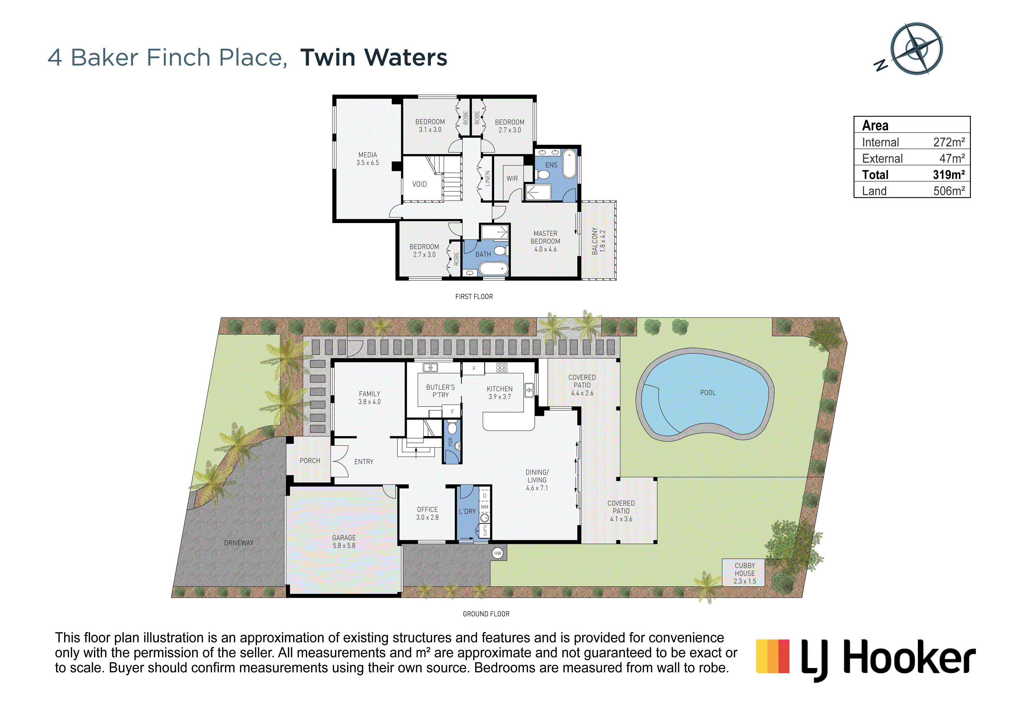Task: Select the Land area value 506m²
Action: click(x=949, y=191)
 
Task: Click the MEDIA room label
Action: click(x=368, y=155)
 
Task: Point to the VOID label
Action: click(x=419, y=184)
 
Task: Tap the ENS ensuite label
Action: click(x=551, y=165)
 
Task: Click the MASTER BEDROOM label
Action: click(x=545, y=237)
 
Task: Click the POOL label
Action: click(x=708, y=393)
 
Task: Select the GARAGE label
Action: click(x=344, y=538)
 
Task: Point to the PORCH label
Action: click(x=310, y=461)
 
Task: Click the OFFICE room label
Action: click(x=427, y=510)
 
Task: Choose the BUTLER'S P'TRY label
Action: click(x=440, y=391)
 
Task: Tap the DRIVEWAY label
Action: click(x=239, y=543)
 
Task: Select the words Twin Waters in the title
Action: click(x=374, y=58)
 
